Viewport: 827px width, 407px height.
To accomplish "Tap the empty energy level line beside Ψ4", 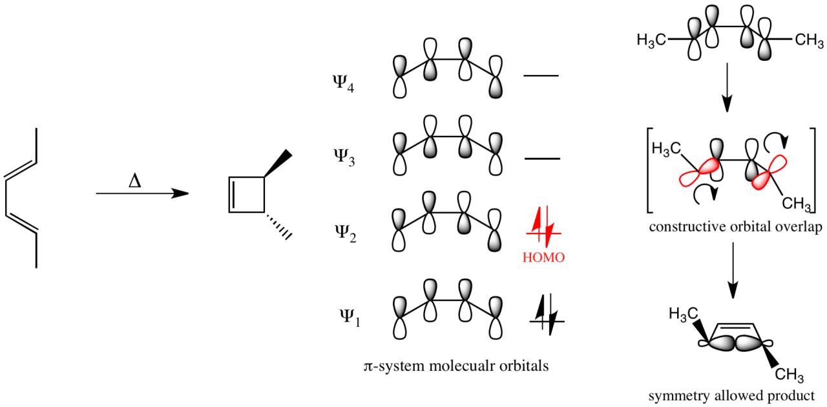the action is click(541, 76).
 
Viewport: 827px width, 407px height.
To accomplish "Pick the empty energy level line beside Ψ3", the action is click(541, 158).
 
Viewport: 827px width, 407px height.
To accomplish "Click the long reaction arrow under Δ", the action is click(141, 193).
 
